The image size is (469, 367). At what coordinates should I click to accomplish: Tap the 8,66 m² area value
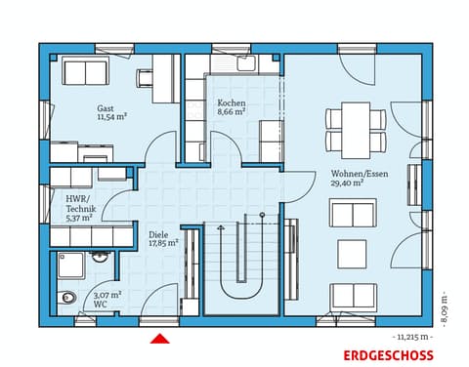click(232, 112)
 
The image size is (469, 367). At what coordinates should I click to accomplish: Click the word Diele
click(157, 234)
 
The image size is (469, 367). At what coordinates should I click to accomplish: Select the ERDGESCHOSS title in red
click(387, 355)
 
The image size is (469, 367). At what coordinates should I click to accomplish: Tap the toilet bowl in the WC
click(68, 298)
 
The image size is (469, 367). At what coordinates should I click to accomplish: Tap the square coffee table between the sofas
click(352, 254)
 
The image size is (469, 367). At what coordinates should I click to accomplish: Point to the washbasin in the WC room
click(100, 259)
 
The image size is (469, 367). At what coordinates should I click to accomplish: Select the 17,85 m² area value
click(163, 243)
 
